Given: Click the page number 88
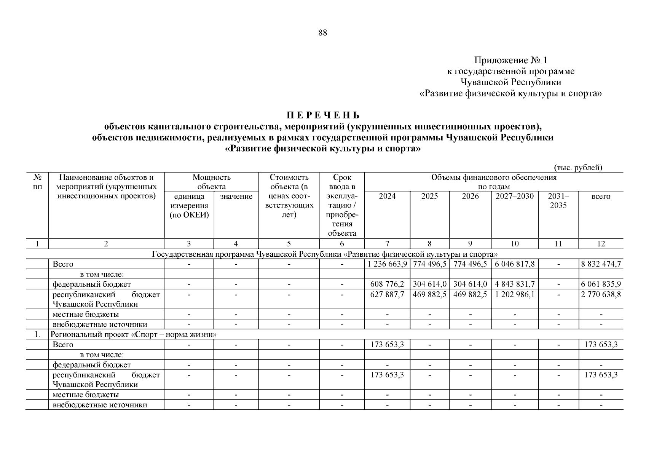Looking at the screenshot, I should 322,33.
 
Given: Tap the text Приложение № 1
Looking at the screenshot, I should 510,60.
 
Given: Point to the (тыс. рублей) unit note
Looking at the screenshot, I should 577,168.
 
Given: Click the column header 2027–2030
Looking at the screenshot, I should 514,197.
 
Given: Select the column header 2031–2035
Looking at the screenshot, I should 558,201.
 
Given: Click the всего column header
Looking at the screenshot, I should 601,197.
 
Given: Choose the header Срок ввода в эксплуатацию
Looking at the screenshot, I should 342,205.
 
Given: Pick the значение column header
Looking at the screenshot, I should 236,197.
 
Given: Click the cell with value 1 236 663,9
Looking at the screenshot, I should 387,264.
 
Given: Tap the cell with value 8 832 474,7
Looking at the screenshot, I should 601,264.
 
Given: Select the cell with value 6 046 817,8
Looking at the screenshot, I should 514,264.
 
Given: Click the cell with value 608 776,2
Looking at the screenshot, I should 387,284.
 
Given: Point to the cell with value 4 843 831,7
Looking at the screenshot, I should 514,284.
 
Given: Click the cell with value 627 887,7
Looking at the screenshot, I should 387,294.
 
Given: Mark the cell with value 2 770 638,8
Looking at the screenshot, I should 601,294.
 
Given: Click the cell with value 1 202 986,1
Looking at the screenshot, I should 514,294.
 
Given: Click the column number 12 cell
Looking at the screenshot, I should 601,244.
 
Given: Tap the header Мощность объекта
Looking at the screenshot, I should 211,182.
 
